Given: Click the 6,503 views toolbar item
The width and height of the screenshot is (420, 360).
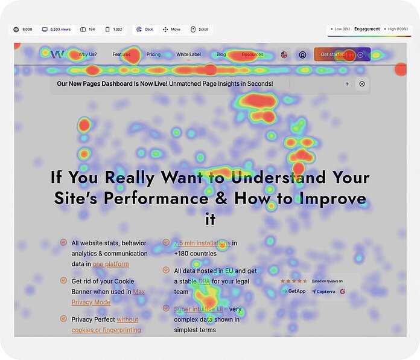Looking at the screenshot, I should click(56, 29).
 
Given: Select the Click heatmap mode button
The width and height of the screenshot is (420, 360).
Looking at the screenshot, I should click(144, 29).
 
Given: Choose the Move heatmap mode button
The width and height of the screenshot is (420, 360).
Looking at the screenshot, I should click(171, 29).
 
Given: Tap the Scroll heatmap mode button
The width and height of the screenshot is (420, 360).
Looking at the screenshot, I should click(200, 29).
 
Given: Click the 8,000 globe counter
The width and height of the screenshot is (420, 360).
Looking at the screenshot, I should click(24, 29).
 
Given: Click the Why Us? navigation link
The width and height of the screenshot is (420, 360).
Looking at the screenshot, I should click(87, 54).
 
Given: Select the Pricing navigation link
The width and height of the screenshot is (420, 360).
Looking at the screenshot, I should click(153, 54).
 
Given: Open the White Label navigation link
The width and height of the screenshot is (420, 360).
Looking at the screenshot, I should click(188, 54).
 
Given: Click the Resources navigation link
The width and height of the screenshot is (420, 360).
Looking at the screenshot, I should click(252, 54).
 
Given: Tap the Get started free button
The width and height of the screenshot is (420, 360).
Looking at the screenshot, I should click(342, 54).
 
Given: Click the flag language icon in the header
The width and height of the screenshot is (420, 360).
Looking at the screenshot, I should click(284, 54).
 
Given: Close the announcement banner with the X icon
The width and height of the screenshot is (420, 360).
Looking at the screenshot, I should click(362, 84).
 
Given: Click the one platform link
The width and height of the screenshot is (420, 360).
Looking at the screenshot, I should click(110, 264).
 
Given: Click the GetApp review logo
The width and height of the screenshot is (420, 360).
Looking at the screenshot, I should click(294, 291).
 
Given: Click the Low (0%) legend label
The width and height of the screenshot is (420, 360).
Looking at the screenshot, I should click(340, 29).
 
